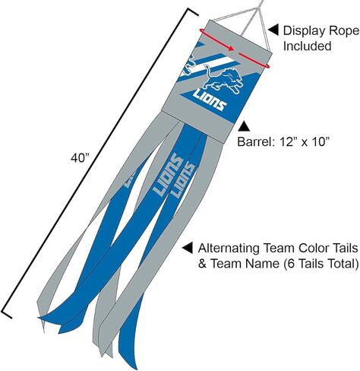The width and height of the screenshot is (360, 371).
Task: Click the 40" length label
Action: [x=80, y=158]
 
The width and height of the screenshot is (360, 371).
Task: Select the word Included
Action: [x=307, y=46]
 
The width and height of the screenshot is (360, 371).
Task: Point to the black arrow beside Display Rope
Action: [x=273, y=30]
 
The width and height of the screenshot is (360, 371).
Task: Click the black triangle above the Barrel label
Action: [x=244, y=126]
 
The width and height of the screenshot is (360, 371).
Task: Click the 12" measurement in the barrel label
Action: [x=288, y=141]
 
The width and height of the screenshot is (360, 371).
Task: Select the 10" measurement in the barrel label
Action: [x=320, y=141]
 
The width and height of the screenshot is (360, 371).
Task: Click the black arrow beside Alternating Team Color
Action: [x=188, y=248]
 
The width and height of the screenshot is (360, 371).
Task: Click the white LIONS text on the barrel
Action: [x=210, y=100]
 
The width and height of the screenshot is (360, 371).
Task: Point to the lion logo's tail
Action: [x=207, y=71]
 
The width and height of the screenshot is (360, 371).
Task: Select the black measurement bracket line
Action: [x=100, y=163]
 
